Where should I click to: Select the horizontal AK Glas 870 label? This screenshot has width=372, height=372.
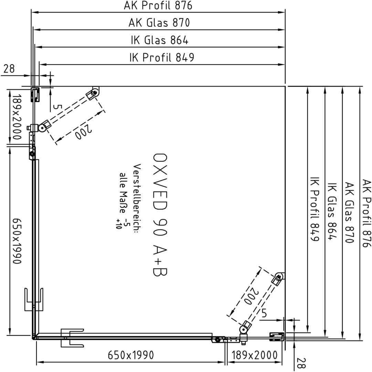[x=159, y=23]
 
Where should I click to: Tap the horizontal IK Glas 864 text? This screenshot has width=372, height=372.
[x=160, y=40]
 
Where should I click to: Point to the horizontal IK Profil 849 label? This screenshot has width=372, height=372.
[x=162, y=58]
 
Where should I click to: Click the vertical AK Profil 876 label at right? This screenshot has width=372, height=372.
[x=366, y=213]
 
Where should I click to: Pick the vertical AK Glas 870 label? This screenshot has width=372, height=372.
[x=349, y=213]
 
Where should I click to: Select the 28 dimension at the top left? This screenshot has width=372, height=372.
[x=9, y=69]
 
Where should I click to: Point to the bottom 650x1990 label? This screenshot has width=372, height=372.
[x=131, y=355]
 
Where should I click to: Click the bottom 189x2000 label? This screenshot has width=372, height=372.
[x=254, y=355]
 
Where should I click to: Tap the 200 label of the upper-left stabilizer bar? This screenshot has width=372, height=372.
[x=83, y=132]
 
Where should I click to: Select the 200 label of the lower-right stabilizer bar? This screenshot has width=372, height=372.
[x=249, y=296]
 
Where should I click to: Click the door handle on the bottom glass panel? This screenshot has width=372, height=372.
[x=72, y=338]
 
